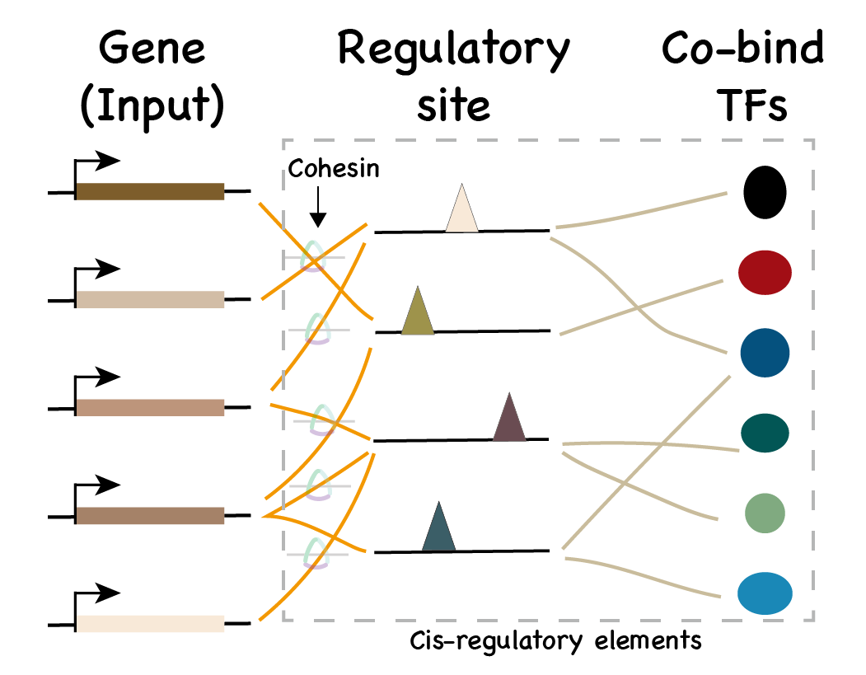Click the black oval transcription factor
coord(765,191)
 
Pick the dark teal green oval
coord(765,431)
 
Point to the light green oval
coord(765,512)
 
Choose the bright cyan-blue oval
coord(765,593)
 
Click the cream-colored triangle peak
coord(461,211)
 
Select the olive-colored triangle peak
coord(418,313)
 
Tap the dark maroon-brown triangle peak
coord(509,420)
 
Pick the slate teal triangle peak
coord(438,529)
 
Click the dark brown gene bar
coord(150,191)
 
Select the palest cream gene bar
coord(150,623)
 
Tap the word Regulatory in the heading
coord(453,51)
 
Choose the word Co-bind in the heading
coord(742,51)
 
